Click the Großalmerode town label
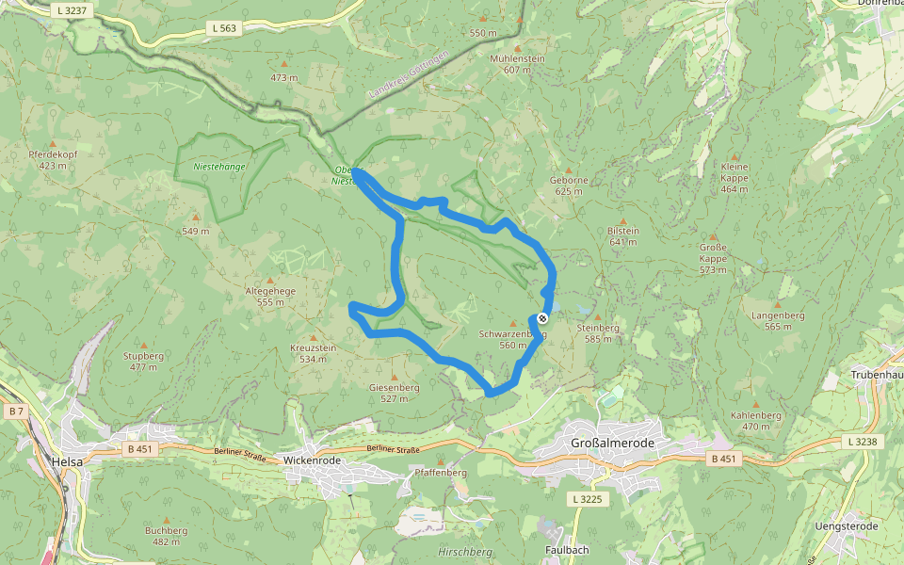pos(612,443)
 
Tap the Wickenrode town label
pos(311,460)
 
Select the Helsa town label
pos(68,461)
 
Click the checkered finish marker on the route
pos(542,318)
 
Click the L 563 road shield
pos(224,28)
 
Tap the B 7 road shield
pos(15,412)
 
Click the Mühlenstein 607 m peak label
pos(517,63)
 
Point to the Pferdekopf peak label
pos(53,159)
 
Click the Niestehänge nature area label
pos(218,166)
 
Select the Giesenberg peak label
pos(394,392)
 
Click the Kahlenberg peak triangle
pos(755,405)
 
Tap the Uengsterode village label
pos(847,525)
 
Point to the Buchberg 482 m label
pos(166,536)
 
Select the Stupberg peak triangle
pos(143,346)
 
